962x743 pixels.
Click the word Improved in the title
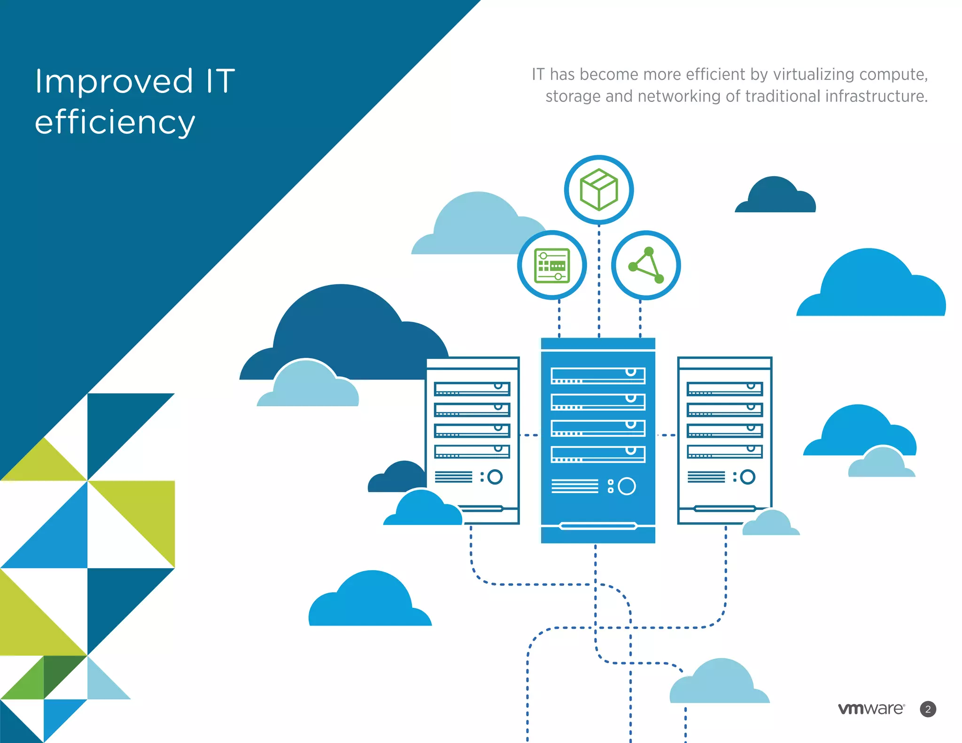114,82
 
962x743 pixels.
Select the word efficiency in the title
115,122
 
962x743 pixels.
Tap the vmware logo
871,709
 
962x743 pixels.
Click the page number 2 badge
928,709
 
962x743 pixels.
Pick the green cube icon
599,190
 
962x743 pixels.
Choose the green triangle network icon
646,265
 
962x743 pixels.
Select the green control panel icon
552,265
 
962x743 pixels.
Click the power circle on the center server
627,486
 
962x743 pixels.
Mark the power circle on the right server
748,477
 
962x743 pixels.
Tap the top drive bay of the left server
472,389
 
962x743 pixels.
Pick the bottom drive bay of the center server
598,454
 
